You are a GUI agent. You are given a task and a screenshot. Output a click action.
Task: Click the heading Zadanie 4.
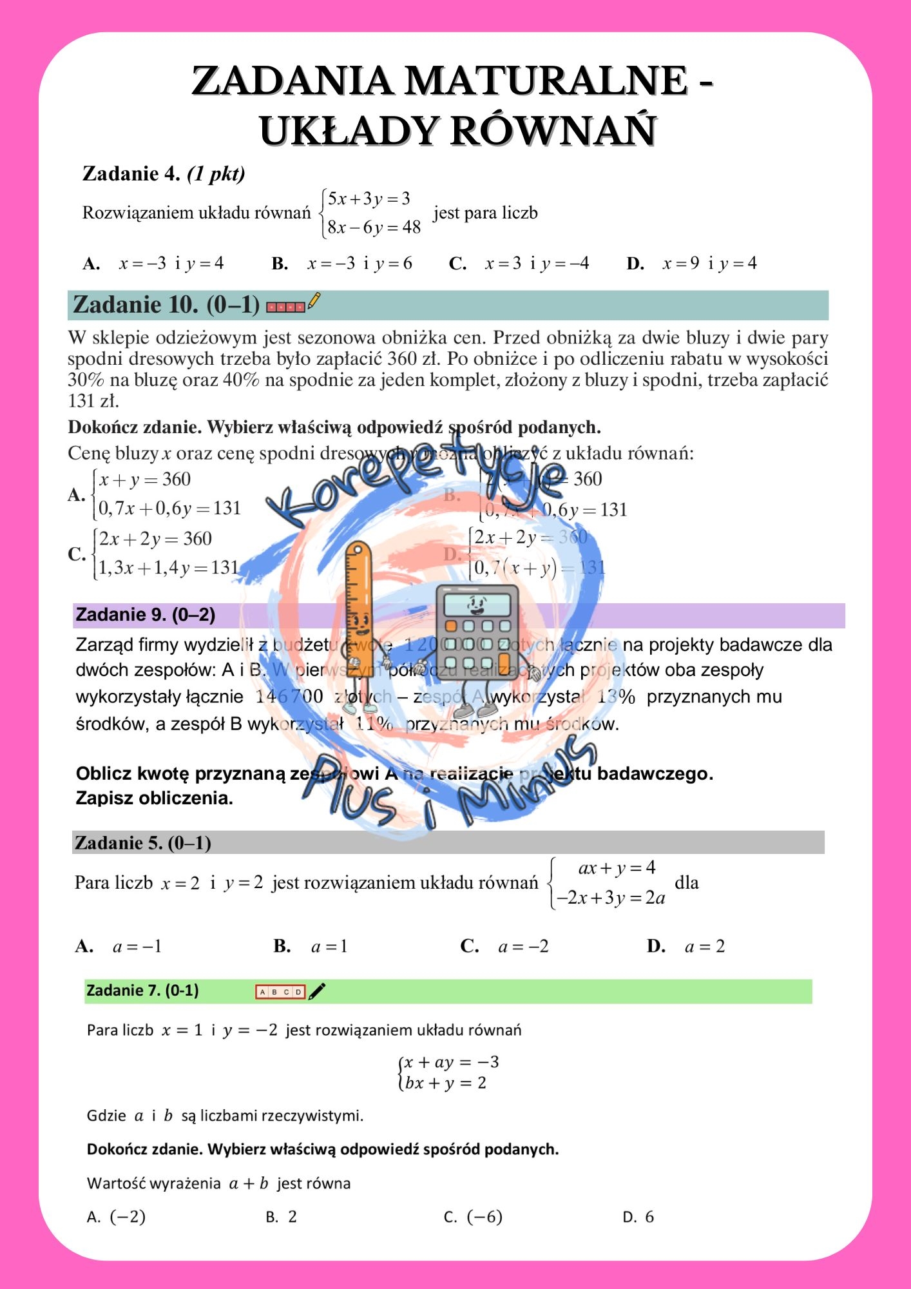coord(131,173)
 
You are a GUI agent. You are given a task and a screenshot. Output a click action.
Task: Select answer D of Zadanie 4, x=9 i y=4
coord(693,263)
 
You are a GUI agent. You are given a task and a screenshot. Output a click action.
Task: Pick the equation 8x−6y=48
coord(374,228)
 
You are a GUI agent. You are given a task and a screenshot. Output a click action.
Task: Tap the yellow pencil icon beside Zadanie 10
coord(314,301)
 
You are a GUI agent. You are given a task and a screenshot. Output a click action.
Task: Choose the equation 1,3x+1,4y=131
coord(169,568)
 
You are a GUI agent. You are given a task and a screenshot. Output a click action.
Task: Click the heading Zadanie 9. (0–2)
coord(146,615)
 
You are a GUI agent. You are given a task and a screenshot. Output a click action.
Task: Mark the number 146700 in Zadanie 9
coord(289,697)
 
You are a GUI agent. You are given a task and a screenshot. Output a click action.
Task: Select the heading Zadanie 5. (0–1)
coord(143,843)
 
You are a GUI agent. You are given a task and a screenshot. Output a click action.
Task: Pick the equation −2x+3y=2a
coord(611,898)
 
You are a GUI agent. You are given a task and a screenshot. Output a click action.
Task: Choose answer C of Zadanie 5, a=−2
coord(506,946)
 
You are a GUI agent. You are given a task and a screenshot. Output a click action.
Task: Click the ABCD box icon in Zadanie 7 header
coord(280,992)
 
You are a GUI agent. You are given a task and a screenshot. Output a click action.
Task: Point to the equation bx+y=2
coord(445,1083)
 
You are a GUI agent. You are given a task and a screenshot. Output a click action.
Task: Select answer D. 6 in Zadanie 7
coord(638,1217)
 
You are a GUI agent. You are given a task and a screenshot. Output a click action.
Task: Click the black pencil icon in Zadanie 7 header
coord(317,991)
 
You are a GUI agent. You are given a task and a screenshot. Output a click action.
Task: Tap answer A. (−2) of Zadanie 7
coord(117,1217)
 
